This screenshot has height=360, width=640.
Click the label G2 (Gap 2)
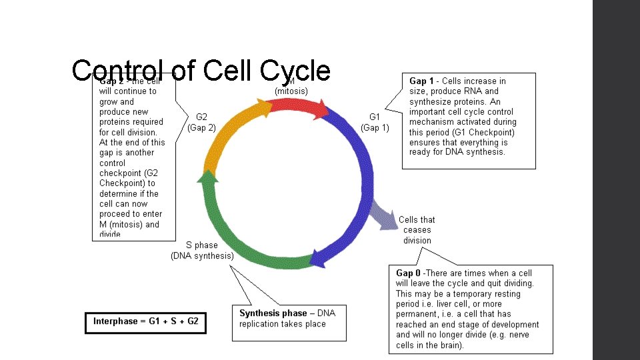tap(201, 122)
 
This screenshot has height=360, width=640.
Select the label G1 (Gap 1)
tap(375, 122)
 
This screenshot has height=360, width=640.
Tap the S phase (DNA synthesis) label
tap(202, 250)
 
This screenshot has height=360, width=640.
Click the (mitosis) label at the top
tap(291, 90)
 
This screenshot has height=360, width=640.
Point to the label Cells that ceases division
tap(417, 230)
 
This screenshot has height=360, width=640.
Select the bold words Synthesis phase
tap(273, 313)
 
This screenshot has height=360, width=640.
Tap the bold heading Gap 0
tap(409, 273)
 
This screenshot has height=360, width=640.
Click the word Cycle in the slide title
tap(296, 71)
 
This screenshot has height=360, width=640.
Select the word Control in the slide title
tap(117, 71)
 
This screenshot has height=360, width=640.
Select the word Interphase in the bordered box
tap(115, 321)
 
